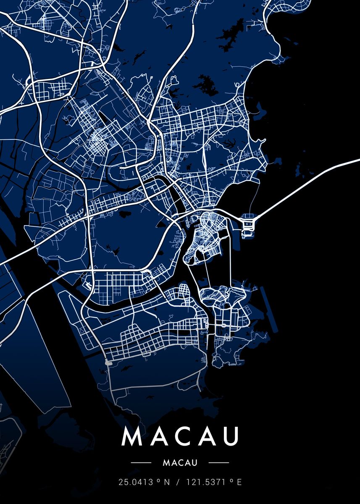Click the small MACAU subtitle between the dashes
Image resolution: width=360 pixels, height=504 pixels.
pyautogui.click(x=180, y=463)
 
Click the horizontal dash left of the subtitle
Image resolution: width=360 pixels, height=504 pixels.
pyautogui.click(x=141, y=463)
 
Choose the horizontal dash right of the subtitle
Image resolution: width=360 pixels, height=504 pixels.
pyautogui.click(x=218, y=463)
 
